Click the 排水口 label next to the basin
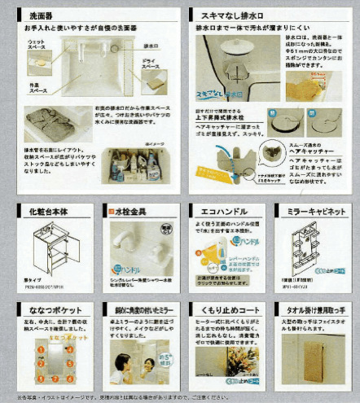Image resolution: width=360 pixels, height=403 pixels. click(x=151, y=46)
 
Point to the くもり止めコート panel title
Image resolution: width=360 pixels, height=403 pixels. click(x=222, y=309)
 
